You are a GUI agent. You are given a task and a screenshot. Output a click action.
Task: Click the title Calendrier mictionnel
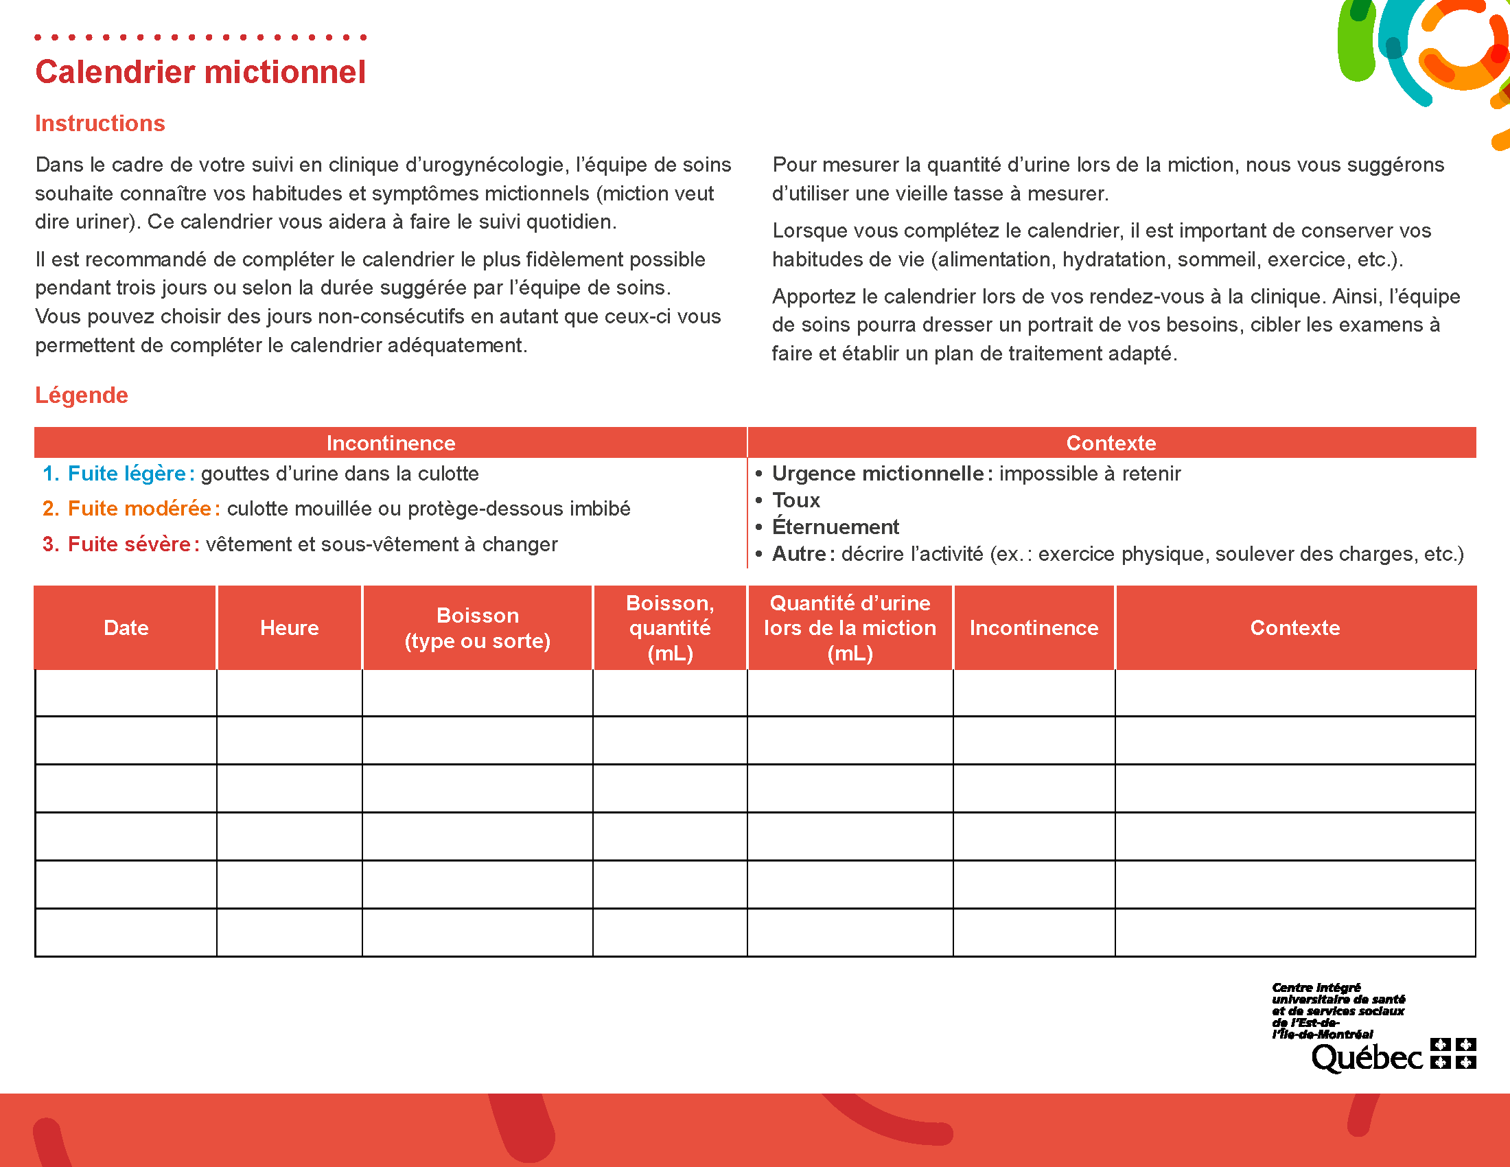tap(200, 72)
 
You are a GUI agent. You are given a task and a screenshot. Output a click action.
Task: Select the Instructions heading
tap(100, 123)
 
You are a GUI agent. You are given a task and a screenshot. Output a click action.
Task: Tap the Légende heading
tap(82, 395)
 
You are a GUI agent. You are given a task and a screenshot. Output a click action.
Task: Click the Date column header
tap(126, 627)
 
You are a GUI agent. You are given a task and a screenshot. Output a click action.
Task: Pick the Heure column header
tap(289, 627)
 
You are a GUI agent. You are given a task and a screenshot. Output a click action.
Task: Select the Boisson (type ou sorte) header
tap(477, 627)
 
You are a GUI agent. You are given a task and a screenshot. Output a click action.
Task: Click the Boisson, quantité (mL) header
tap(670, 627)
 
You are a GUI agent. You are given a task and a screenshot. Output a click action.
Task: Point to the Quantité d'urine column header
tap(850, 627)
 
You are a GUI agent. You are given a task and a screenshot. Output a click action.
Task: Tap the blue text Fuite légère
tap(126, 474)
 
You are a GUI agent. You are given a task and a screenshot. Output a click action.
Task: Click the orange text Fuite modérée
tap(139, 509)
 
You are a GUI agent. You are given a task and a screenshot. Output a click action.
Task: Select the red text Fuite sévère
tap(128, 544)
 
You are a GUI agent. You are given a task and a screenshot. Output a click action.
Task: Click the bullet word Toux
tap(795, 500)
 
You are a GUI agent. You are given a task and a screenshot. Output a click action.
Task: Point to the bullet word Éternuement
tap(835, 527)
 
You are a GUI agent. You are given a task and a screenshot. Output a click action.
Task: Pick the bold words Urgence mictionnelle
tap(877, 474)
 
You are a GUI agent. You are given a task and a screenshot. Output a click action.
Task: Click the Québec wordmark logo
tap(1367, 1057)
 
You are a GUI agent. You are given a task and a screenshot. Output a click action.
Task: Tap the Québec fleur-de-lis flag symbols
tap(1453, 1053)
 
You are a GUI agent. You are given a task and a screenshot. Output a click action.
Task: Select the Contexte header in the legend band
tap(1111, 443)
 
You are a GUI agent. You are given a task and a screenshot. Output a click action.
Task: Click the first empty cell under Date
tap(126, 693)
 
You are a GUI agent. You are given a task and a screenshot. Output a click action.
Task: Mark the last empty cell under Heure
tap(289, 933)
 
